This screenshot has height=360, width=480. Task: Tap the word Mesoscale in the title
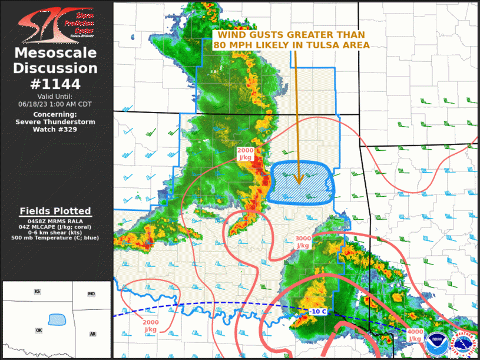tap(55, 54)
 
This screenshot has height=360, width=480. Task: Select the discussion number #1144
tap(55, 84)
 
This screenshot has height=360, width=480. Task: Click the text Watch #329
tap(55, 129)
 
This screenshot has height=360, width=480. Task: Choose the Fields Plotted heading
tap(55, 211)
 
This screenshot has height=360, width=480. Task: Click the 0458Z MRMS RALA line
tap(55, 220)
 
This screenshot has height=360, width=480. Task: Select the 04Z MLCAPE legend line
tap(55, 226)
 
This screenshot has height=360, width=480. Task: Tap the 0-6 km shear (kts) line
tap(55, 232)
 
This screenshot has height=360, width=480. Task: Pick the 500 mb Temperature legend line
tap(55, 238)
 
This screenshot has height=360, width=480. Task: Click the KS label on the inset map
tap(37, 292)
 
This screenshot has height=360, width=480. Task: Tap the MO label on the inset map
tap(91, 293)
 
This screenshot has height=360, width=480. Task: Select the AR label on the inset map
tap(92, 334)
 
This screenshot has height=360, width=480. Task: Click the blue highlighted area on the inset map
tap(57, 319)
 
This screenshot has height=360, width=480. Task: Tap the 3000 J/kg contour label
tap(303, 242)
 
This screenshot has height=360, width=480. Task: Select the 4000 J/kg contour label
tap(415, 335)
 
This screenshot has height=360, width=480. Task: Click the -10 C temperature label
tap(318, 311)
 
